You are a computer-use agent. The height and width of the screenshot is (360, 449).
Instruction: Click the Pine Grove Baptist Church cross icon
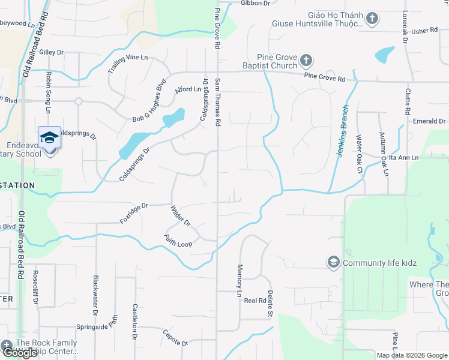click(306, 61)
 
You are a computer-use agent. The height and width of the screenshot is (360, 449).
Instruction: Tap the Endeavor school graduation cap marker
click(49, 137)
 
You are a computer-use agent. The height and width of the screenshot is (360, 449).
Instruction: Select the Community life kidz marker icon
click(333, 262)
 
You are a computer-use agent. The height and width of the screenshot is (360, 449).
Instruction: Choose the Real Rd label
click(255, 301)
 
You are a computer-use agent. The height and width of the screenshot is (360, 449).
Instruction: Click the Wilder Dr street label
click(180, 216)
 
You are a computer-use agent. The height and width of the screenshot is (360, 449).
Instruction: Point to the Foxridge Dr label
click(133, 212)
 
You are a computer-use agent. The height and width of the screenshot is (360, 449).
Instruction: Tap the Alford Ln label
click(187, 89)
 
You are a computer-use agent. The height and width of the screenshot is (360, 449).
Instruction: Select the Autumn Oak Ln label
click(382, 154)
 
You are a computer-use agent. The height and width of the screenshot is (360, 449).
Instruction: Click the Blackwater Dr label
click(95, 295)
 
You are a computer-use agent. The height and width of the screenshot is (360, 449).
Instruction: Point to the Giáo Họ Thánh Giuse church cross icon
click(372, 19)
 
